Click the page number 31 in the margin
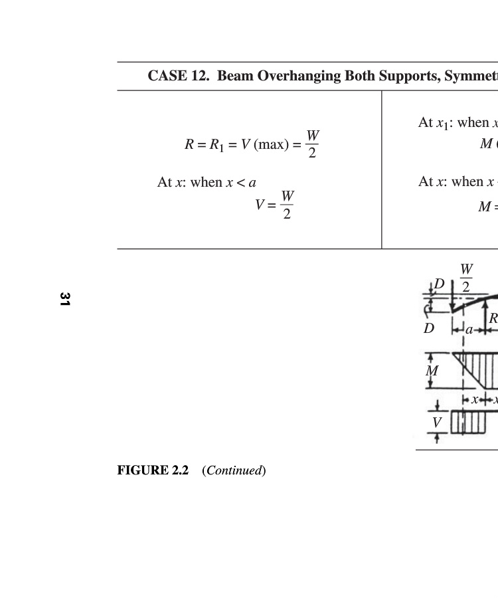coord(64,299)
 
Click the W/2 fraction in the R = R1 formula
coord(312,144)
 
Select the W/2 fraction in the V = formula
coord(287,205)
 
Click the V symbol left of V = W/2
coord(260,205)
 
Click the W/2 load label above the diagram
coord(466,278)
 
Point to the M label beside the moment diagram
coord(432,371)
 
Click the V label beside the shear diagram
coord(436,423)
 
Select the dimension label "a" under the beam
coord(469,330)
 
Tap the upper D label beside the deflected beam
coord(439,285)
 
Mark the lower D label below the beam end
coord(429,328)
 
